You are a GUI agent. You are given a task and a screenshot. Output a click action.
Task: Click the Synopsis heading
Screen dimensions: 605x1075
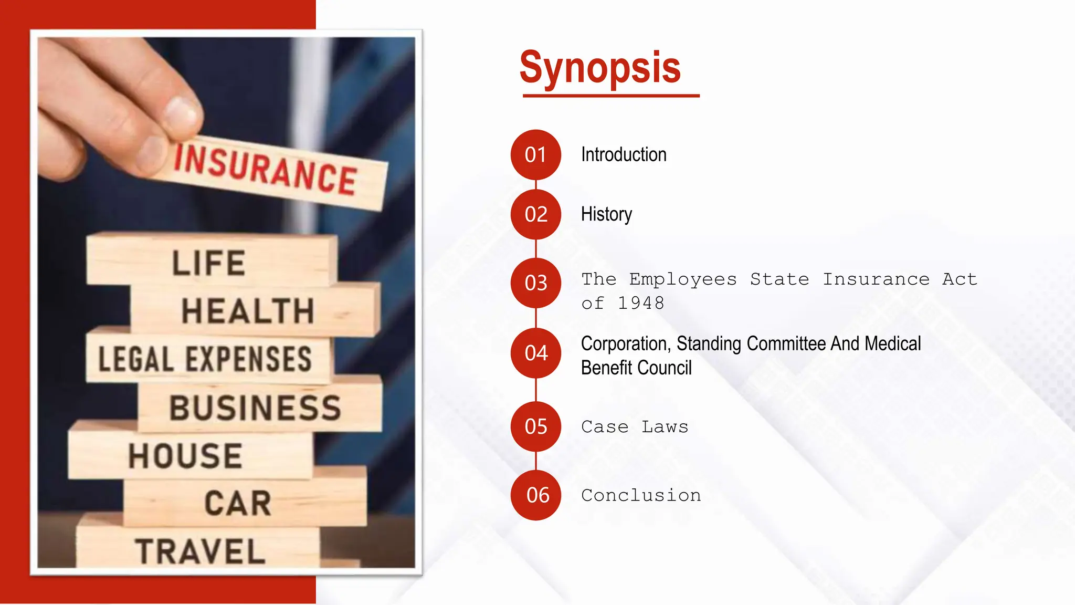pos(600,67)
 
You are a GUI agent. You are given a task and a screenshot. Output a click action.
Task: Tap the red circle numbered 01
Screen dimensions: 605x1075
pos(536,155)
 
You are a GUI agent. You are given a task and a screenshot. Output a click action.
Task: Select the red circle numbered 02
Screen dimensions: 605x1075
pos(536,214)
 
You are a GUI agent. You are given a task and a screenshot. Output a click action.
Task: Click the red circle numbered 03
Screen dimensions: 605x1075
pos(536,283)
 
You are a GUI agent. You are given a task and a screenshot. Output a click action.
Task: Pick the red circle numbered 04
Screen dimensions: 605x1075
pos(536,353)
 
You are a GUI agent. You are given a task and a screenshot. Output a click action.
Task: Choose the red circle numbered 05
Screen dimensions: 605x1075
pos(536,426)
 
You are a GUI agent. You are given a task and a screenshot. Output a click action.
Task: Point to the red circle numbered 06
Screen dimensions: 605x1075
pos(536,495)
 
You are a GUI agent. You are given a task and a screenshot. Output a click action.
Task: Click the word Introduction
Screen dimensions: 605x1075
pos(624,155)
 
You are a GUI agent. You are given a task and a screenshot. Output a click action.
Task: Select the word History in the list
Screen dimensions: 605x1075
pos(606,214)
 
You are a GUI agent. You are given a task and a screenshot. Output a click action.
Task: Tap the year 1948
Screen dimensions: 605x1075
pos(640,304)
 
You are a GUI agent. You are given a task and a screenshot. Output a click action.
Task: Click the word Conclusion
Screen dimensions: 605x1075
pos(641,495)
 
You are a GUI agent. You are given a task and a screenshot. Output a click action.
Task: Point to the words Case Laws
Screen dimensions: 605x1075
pos(635,427)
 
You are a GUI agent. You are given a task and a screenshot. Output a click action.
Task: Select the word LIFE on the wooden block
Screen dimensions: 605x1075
pos(209,263)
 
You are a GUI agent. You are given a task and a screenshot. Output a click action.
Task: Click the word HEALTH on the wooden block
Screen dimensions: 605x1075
pos(248,311)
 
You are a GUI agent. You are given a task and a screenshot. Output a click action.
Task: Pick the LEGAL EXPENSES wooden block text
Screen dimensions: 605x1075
pos(205,359)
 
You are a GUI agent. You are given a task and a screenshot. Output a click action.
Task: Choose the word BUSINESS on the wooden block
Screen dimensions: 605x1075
pos(255,408)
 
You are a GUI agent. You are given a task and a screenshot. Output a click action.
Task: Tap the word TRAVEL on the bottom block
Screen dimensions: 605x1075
pos(200,551)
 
